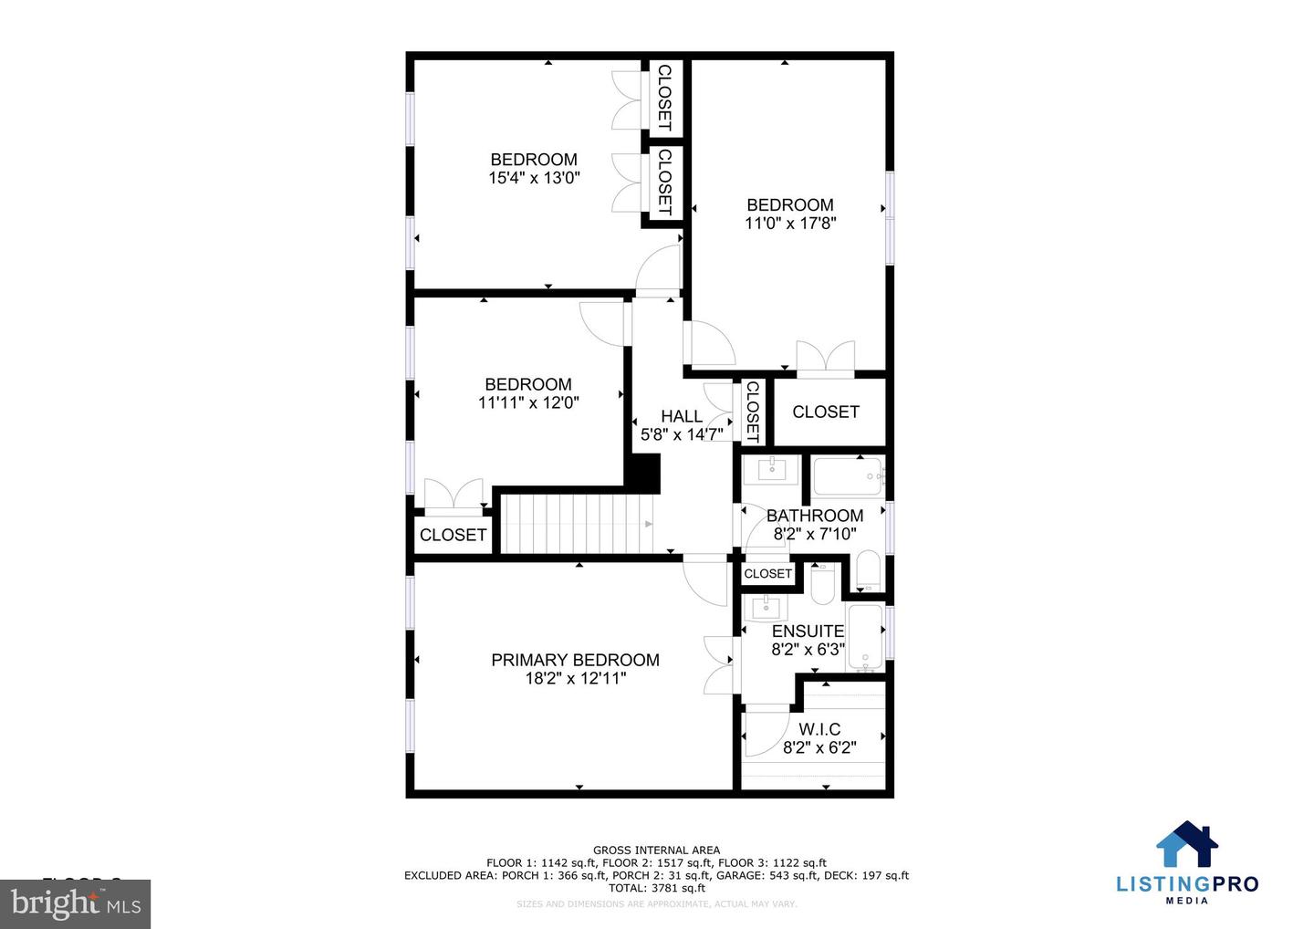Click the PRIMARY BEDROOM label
575,660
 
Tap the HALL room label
682,416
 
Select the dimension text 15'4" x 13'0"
534,179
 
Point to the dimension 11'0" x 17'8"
790,223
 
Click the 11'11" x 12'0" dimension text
528,402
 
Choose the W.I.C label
819,729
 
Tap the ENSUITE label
808,632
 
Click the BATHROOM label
814,516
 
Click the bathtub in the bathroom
847,476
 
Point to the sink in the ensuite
765,606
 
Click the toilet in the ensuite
822,583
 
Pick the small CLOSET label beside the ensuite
767,574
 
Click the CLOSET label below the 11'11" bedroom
453,535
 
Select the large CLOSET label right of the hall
825,412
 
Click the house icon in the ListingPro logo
1187,844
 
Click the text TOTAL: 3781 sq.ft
656,888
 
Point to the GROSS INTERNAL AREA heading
656,851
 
